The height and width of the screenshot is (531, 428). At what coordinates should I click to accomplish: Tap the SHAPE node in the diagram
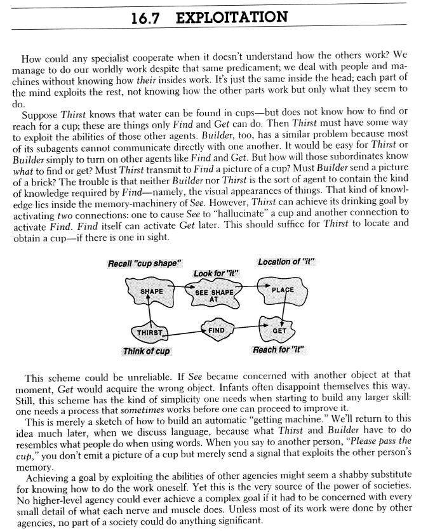click(151, 291)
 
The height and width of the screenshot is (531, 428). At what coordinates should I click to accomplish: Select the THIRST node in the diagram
click(150, 332)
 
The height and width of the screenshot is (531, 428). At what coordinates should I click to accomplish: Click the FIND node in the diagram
click(217, 329)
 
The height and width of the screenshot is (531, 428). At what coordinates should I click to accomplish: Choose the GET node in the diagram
click(279, 330)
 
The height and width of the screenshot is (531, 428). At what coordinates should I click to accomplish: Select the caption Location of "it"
click(286, 262)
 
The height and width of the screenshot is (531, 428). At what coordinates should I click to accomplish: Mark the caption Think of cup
click(146, 351)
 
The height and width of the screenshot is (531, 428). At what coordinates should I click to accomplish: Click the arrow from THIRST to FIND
click(184, 331)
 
